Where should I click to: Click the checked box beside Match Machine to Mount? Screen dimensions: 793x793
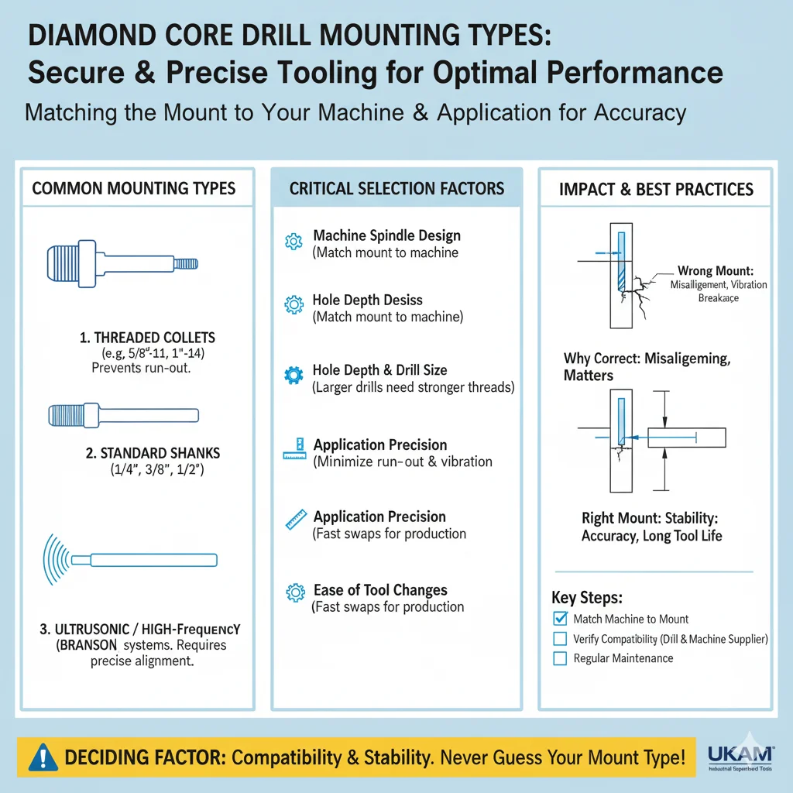coord(561,619)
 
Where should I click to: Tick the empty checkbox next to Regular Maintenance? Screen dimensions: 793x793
coord(561,658)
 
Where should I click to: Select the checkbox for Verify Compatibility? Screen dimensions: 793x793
coord(561,639)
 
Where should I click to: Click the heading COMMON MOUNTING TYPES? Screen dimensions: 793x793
coord(134,188)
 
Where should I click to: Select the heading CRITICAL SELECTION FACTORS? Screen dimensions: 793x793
coord(396,188)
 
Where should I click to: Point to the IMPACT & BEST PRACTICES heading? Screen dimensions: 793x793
coord(656,188)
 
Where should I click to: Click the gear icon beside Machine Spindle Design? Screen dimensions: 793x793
coord(294,242)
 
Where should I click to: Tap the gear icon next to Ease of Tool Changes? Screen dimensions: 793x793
coord(294,594)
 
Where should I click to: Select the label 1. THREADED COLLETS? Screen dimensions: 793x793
coord(149,338)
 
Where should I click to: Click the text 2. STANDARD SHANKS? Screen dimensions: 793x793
coord(149,452)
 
